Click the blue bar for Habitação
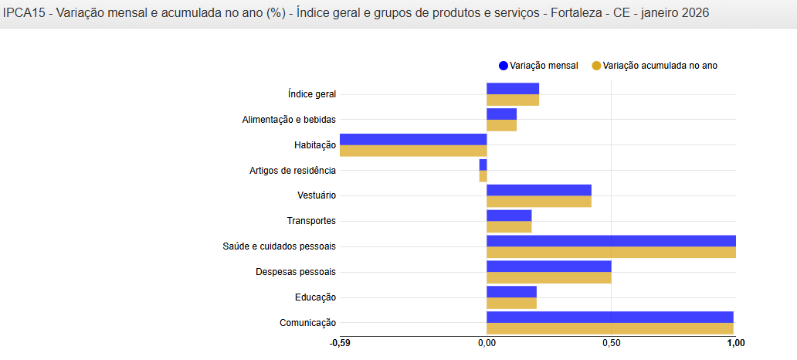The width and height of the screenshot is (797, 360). (x=413, y=139)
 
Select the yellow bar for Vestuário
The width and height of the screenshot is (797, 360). (x=539, y=202)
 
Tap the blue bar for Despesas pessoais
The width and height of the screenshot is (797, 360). (x=549, y=266)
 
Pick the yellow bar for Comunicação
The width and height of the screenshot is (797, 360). (x=610, y=329)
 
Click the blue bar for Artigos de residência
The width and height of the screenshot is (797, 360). (x=483, y=165)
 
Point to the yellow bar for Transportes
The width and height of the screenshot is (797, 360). (x=509, y=227)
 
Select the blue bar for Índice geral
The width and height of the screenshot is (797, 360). (x=513, y=88)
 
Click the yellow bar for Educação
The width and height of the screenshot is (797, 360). (x=511, y=304)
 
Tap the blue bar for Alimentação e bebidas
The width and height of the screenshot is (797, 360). (x=501, y=114)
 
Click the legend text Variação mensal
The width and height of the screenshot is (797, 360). (x=544, y=66)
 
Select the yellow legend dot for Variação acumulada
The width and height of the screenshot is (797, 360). (x=596, y=66)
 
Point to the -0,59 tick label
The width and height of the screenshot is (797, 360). (x=340, y=343)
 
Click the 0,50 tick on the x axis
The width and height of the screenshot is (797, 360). (x=611, y=343)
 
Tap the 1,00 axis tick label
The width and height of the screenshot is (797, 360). (x=735, y=343)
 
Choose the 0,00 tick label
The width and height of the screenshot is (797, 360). (x=487, y=343)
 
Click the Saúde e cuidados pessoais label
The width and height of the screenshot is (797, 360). (x=280, y=246)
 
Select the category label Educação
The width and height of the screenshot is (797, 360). (x=315, y=297)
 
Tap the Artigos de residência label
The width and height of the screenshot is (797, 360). (x=293, y=171)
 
